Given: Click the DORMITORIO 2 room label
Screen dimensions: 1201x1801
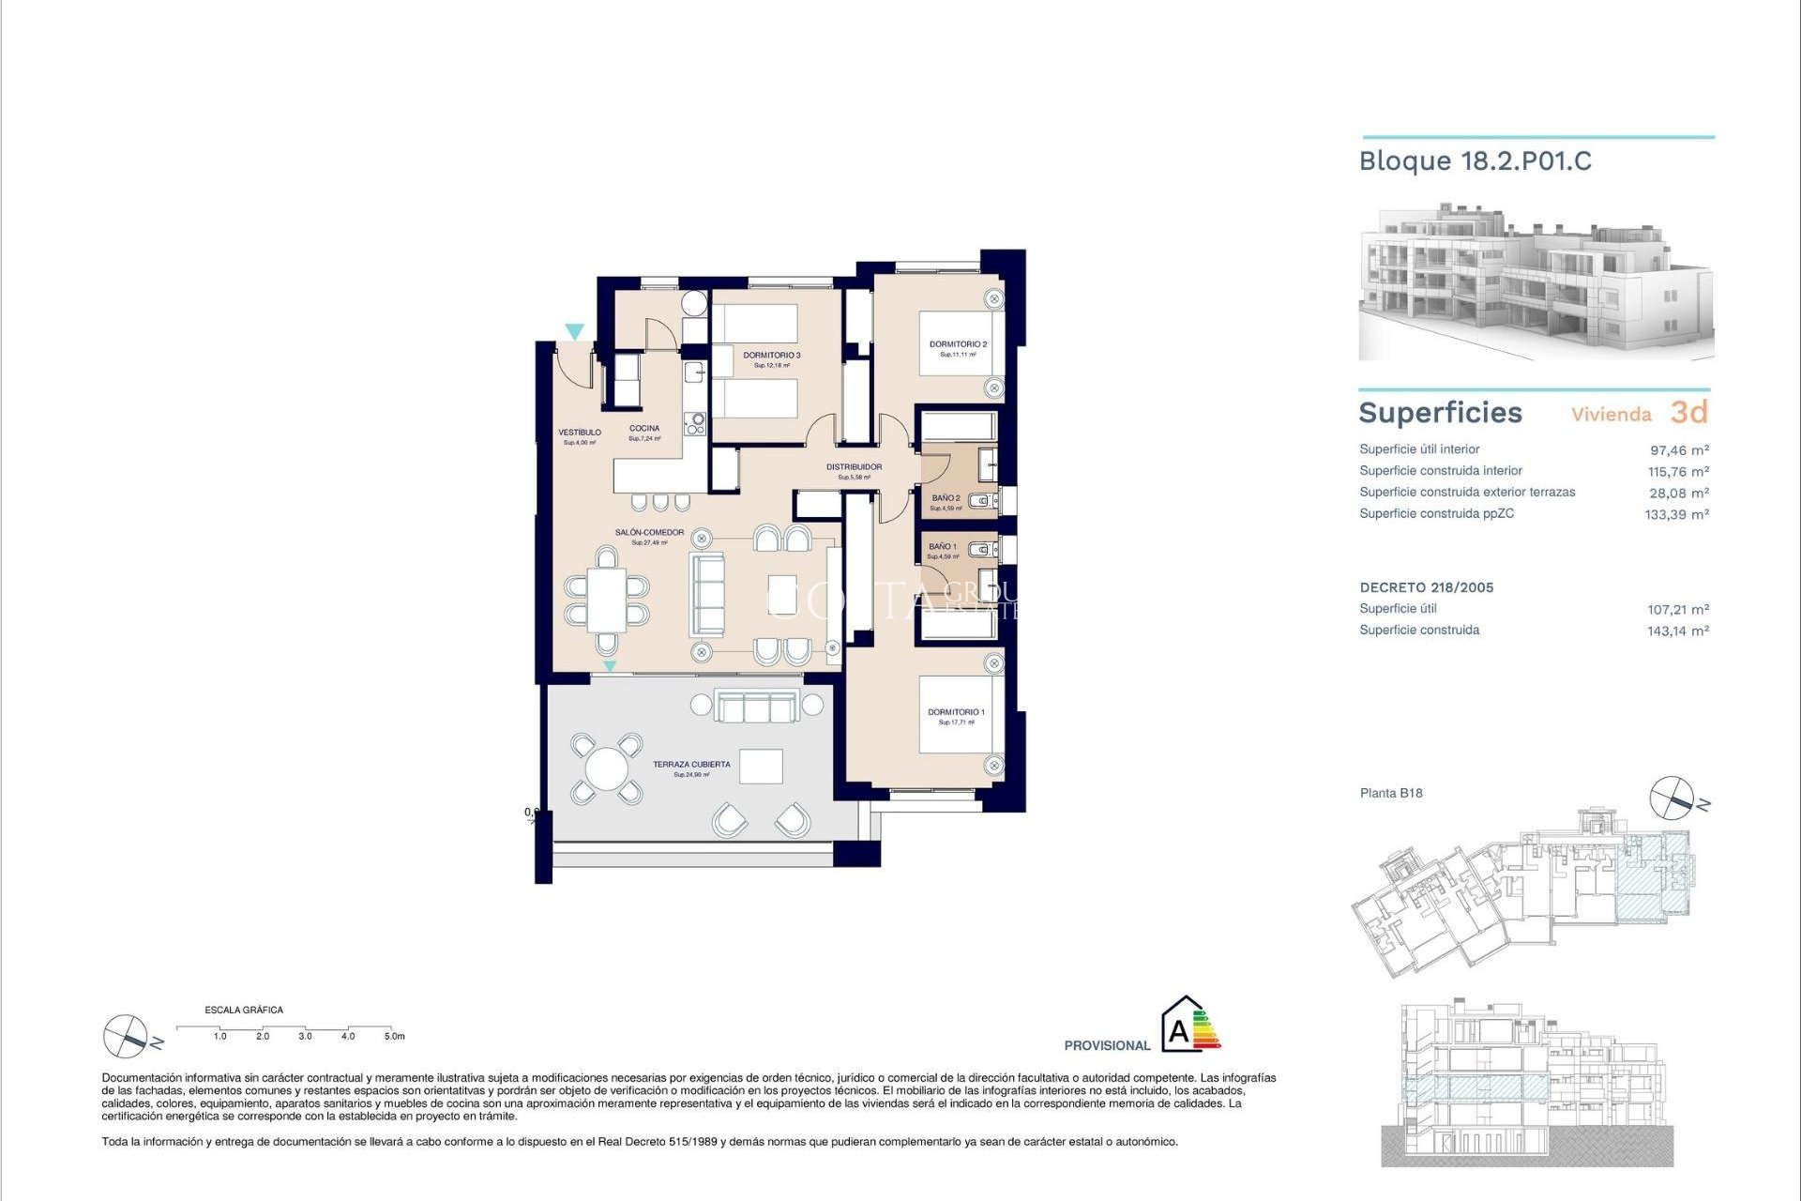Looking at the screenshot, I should (x=958, y=344).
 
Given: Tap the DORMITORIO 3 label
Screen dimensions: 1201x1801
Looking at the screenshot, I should (x=771, y=356).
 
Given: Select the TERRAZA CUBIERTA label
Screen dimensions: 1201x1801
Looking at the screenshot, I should (x=691, y=765).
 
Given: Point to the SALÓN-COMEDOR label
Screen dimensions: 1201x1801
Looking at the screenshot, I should (x=649, y=533).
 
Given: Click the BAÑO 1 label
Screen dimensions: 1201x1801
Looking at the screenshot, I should (x=942, y=546).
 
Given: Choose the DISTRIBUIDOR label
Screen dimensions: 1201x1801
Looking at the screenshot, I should (x=854, y=467).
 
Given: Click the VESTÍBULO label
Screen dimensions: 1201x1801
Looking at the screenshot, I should (x=580, y=433).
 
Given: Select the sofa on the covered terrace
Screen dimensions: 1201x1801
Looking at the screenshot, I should (x=757, y=706).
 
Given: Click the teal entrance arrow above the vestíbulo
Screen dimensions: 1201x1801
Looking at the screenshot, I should (x=574, y=331).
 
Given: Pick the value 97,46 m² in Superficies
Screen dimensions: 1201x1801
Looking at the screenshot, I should (x=1678, y=450).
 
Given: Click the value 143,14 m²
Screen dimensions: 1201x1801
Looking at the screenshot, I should (x=1677, y=631).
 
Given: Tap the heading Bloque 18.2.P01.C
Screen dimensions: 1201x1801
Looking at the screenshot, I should (x=1475, y=161).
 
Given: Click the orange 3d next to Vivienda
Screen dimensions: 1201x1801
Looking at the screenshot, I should (x=1688, y=412).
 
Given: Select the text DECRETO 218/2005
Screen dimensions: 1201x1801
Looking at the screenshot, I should (x=1426, y=587).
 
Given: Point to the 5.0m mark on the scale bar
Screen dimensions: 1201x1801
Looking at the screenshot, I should (x=394, y=1036).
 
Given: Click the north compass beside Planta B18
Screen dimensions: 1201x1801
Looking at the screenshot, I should (x=1672, y=798).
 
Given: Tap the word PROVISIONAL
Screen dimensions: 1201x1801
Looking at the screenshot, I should (x=1107, y=1045).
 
